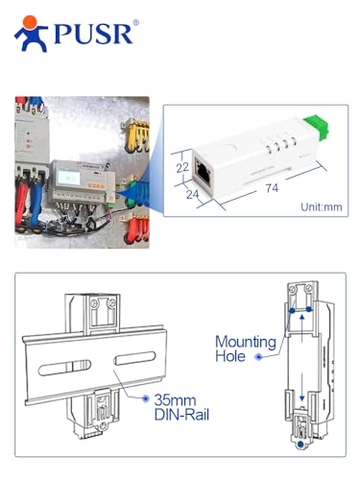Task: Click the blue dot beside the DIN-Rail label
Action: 145,396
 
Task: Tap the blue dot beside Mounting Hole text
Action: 258,356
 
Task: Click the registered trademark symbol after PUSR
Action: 135,21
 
